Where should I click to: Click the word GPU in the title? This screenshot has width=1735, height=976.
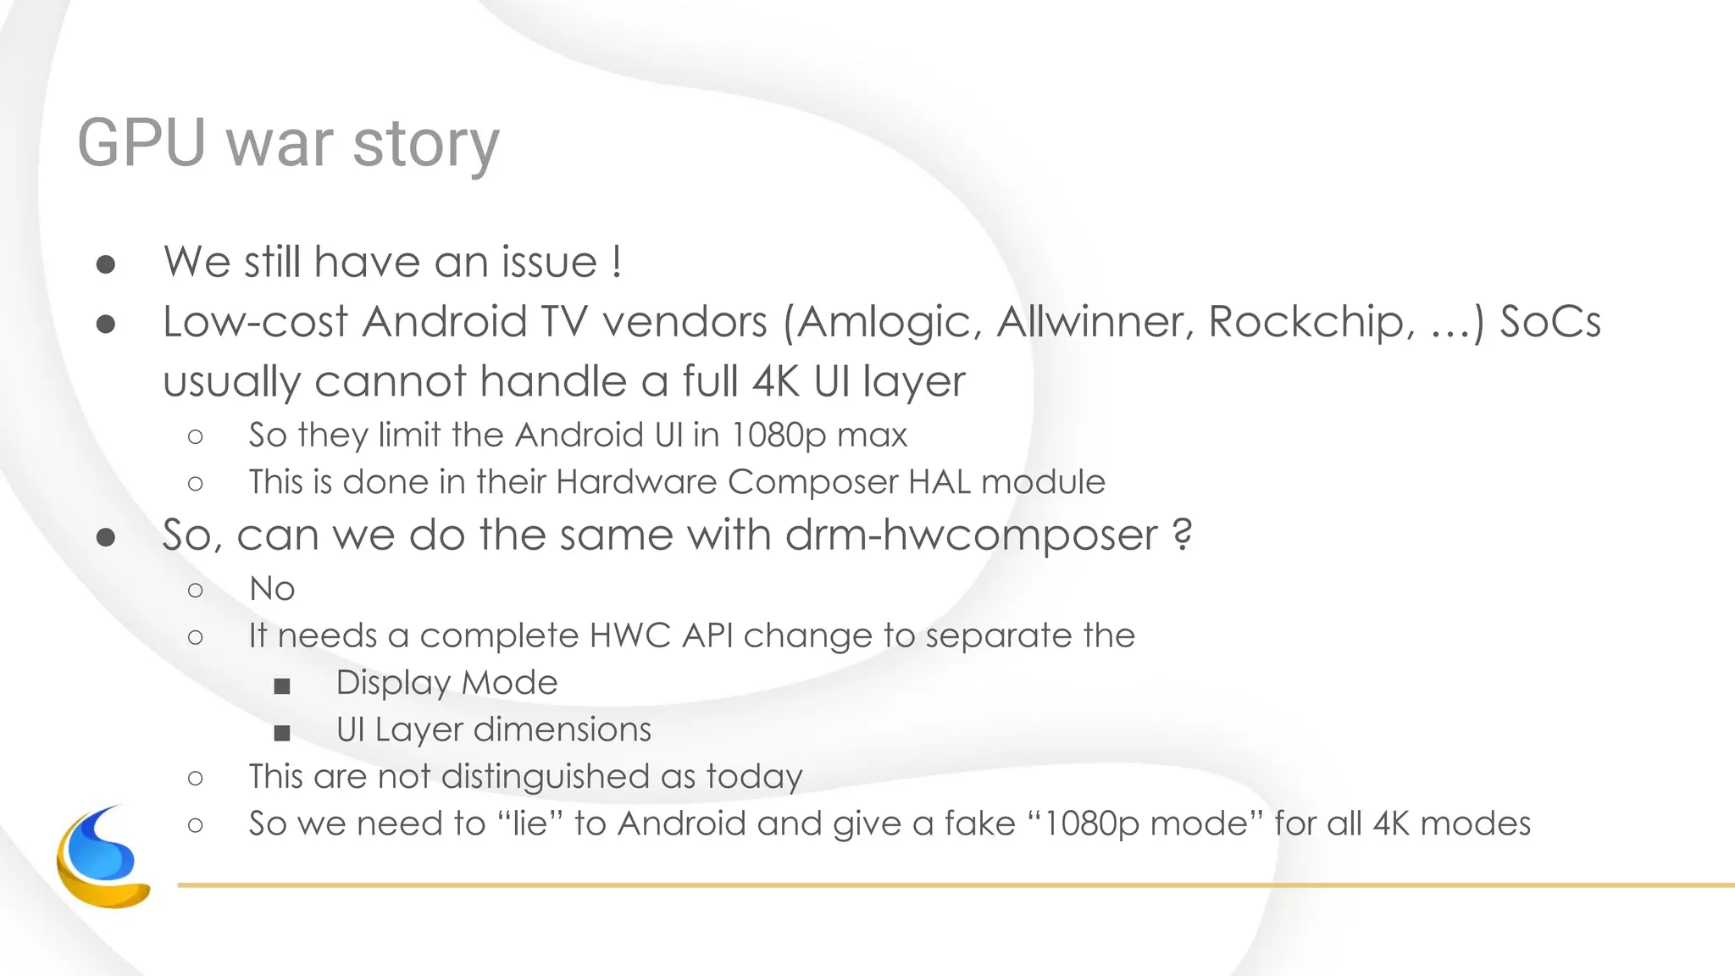pos(141,143)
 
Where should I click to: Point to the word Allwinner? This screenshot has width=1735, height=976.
pos(1094,322)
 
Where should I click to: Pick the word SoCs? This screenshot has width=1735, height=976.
pos(1549,322)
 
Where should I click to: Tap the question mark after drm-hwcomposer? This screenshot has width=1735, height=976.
pos(1183,535)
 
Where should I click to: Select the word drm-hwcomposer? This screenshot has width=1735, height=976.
pos(971,536)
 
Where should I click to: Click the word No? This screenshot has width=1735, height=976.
pos(272,589)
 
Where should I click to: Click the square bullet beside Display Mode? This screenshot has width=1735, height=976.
pos(282,685)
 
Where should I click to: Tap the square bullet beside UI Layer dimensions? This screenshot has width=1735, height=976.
pos(282,732)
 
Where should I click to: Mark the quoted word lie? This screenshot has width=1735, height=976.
pos(530,823)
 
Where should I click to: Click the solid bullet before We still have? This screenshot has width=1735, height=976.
pos(106,264)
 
